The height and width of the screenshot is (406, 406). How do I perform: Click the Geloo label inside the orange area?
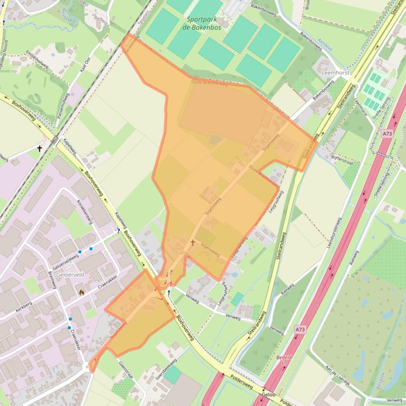coord(183,253)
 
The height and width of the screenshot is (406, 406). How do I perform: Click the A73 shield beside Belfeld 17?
coord(300,330)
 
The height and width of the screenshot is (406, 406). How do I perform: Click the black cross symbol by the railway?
coord(40,149)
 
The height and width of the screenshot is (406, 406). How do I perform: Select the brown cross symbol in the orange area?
coord(193,243)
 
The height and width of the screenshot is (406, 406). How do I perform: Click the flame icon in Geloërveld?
coord(81,292)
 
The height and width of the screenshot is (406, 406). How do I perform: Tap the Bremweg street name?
coord(52,279)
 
